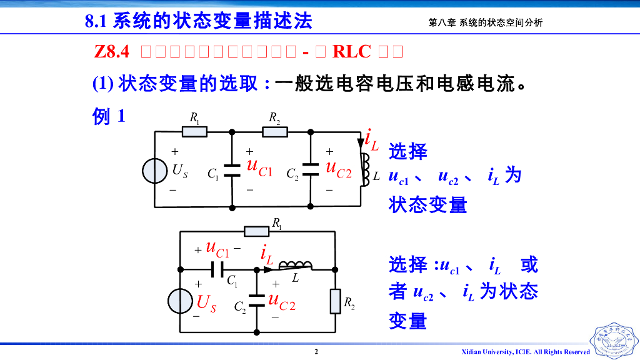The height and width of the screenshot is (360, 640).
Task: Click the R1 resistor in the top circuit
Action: [x=194, y=132]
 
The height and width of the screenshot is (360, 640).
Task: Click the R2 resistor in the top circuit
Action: [x=275, y=132]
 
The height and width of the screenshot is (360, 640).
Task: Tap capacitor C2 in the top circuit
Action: [x=311, y=169]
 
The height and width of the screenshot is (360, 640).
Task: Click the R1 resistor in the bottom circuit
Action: [x=257, y=231]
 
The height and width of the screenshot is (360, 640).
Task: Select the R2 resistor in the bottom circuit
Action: [x=336, y=301]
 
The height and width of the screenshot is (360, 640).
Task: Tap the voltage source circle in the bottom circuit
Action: [x=180, y=301]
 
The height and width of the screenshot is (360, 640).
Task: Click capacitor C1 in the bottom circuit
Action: [x=217, y=269]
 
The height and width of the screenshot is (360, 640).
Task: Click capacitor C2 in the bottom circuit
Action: [x=257, y=301]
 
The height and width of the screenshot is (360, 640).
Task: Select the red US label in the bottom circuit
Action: [x=207, y=304]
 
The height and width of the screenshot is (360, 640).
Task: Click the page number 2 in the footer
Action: [x=316, y=352]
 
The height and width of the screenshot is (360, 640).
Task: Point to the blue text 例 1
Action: [x=109, y=116]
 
